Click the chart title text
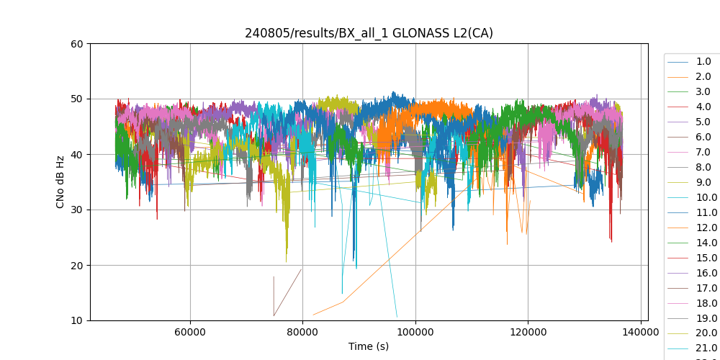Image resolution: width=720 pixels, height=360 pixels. pos(369,33)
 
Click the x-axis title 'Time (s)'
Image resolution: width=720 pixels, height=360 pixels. pos(369,346)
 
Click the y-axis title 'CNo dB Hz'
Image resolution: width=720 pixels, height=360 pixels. pos(60,182)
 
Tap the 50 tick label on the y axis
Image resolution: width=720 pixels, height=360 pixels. pos(76,99)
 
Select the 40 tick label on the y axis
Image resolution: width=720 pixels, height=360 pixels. pos(76,154)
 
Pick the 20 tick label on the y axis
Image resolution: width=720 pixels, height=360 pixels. pos(76,265)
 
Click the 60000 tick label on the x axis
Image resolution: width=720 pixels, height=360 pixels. pos(190,333)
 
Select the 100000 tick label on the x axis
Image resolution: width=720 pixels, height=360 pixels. pos(415,333)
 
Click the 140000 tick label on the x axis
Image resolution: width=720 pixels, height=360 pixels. pos(641,333)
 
